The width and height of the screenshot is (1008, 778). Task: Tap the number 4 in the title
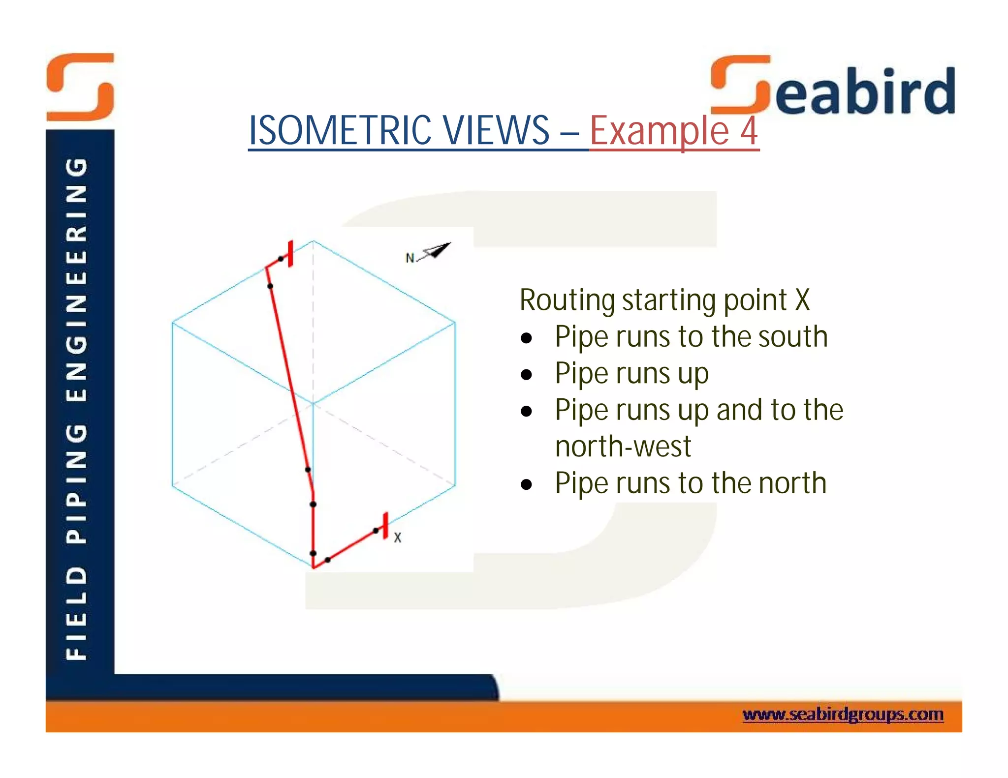point(749,130)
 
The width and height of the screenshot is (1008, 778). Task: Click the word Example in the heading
point(659,131)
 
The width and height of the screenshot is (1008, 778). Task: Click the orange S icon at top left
point(80,87)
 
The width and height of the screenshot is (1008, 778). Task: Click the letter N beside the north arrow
point(409,258)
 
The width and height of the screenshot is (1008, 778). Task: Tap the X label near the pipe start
point(398,538)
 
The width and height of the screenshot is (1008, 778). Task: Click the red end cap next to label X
point(385,525)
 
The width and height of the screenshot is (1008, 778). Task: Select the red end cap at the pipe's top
point(291,254)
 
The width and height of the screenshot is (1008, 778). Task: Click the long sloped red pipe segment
point(289,379)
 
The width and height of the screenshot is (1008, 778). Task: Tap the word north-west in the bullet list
point(623,447)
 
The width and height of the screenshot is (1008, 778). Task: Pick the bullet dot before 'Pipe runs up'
point(527,375)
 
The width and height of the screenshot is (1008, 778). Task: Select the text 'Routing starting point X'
point(664,300)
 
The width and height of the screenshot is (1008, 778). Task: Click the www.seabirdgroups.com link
point(843,714)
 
